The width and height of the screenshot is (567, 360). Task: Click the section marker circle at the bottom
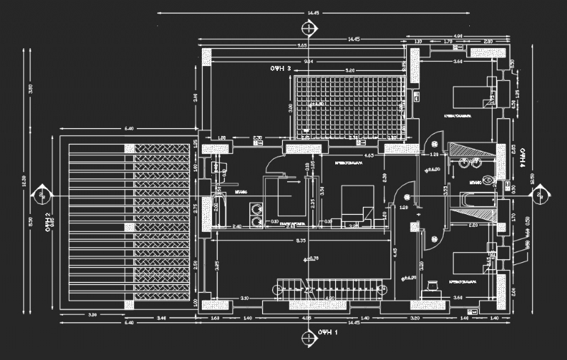point(309,342)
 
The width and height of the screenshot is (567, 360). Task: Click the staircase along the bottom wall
point(330,289)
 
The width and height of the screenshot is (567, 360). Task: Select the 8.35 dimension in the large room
point(301,241)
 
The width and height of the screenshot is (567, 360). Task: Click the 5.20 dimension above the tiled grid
point(349,71)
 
